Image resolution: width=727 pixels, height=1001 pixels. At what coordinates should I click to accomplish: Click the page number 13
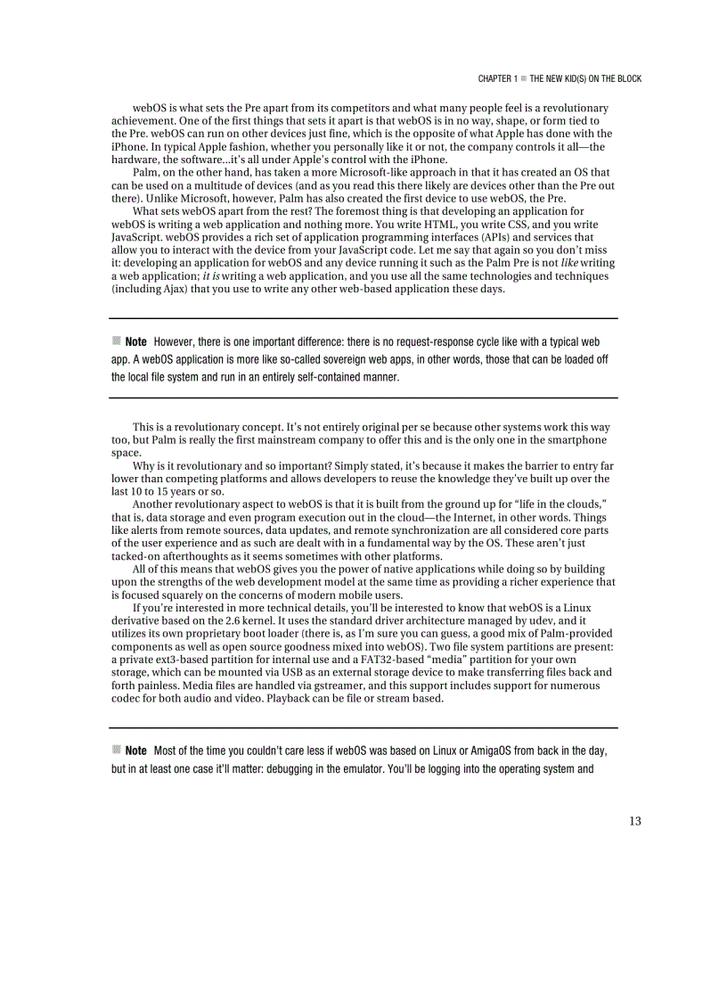[x=634, y=821]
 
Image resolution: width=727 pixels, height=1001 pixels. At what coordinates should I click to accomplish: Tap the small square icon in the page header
[x=524, y=78]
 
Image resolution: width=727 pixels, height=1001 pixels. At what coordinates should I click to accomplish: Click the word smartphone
[x=578, y=440]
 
